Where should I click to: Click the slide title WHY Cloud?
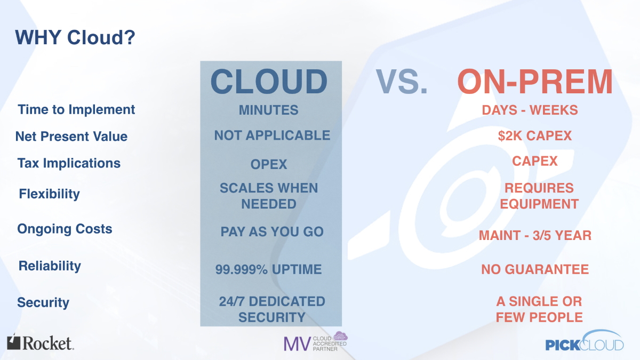[x=75, y=37]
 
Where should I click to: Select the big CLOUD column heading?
[x=269, y=82]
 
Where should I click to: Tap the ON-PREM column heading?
[x=535, y=82]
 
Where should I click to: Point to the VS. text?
[x=402, y=82]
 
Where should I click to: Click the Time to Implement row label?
[x=76, y=110]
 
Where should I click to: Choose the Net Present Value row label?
[x=71, y=137]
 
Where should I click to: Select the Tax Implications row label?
[x=69, y=163]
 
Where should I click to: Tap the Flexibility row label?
[x=50, y=194]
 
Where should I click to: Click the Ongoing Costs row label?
[x=65, y=229]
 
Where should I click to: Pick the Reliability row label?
[x=50, y=266]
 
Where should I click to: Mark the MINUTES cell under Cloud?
[x=269, y=110]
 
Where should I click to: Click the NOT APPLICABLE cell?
[x=273, y=135]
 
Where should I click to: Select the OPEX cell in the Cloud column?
[x=269, y=164]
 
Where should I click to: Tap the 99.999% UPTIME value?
[x=269, y=269]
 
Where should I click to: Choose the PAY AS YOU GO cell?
[x=272, y=231]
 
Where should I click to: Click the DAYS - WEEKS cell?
[x=530, y=110]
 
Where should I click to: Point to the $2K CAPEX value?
[x=535, y=135]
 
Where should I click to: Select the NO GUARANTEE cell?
[x=535, y=269]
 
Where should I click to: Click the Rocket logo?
[x=41, y=342]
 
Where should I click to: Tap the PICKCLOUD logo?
[x=585, y=341]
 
